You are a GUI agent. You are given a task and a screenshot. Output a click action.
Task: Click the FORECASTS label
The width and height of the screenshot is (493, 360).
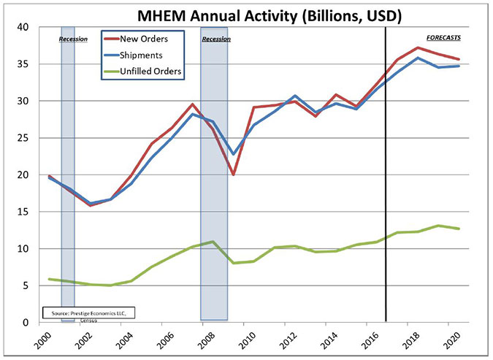[443, 37]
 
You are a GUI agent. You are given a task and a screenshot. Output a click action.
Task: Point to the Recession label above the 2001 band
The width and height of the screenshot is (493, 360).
[73, 39]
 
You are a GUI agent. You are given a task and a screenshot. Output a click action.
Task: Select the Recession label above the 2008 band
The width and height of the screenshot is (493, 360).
[215, 38]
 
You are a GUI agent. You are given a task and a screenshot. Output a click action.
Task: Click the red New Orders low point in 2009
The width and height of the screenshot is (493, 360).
[234, 175]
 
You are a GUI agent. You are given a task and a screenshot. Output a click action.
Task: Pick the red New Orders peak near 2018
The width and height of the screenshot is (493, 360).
[416, 47]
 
